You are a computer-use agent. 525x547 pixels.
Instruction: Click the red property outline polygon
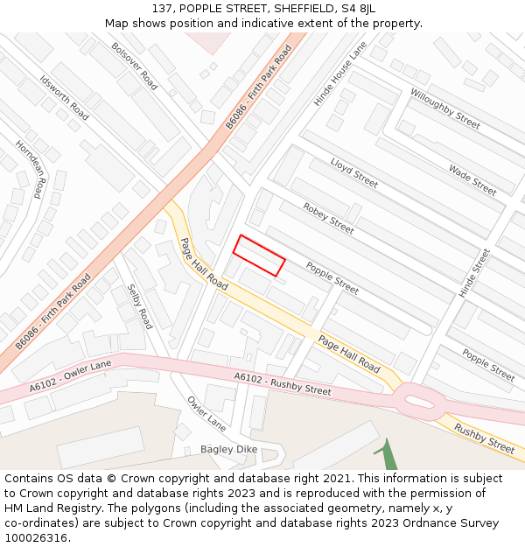[259, 256]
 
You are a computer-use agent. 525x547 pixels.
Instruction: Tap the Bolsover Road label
[135, 66]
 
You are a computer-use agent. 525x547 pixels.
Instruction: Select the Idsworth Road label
[64, 97]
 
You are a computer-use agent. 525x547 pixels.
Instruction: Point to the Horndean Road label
[29, 170]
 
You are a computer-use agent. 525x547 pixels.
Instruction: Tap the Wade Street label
[472, 180]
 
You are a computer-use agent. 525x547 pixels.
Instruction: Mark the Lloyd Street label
[354, 172]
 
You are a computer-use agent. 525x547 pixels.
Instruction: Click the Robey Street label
[328, 218]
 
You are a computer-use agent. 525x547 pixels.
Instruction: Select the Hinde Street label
[475, 272]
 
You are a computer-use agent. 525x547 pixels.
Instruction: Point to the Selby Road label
[140, 306]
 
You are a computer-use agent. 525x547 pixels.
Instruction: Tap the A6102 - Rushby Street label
[283, 383]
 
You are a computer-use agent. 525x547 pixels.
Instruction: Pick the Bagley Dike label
[228, 449]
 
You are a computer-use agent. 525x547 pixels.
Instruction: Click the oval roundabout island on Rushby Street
[419, 402]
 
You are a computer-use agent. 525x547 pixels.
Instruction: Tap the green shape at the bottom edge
[389, 457]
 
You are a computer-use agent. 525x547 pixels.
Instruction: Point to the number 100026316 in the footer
[34, 537]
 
